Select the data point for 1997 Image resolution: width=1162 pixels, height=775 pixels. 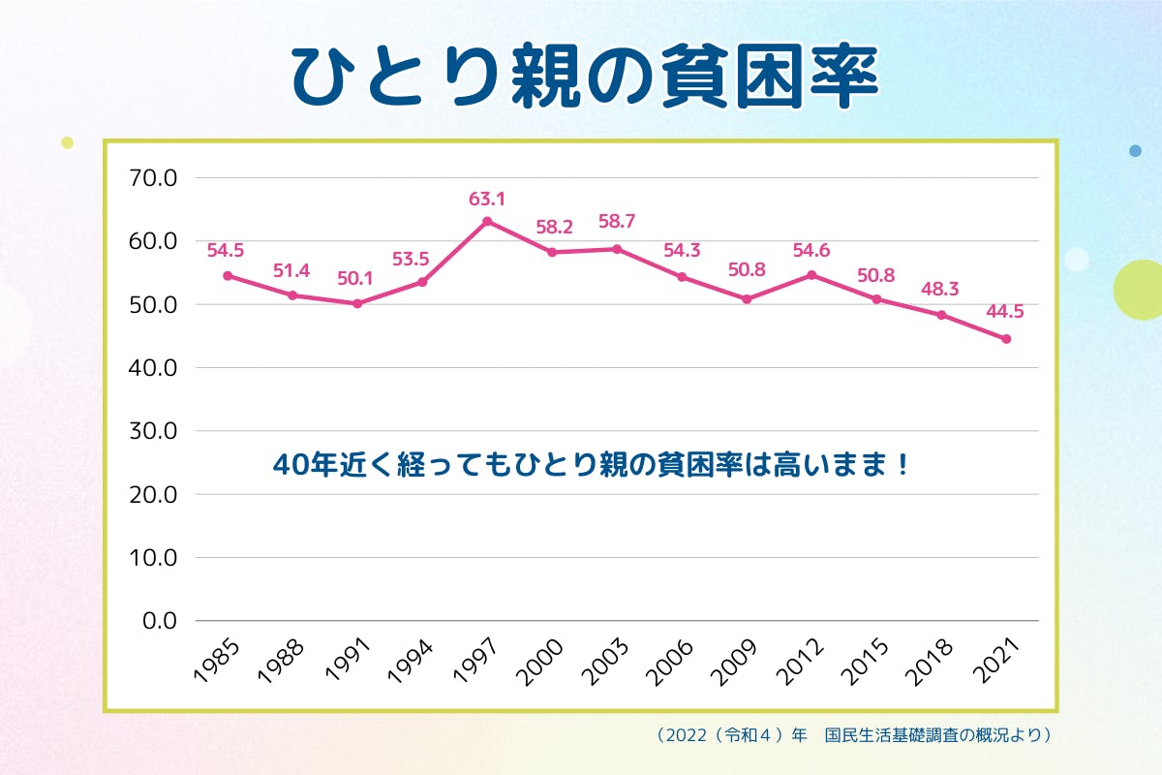click(x=487, y=221)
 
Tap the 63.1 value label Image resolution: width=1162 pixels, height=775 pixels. click(x=487, y=200)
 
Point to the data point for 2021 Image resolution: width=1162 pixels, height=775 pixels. click(x=1006, y=339)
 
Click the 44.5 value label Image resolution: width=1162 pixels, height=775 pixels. click(x=1004, y=312)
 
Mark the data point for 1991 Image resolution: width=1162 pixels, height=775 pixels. click(x=357, y=303)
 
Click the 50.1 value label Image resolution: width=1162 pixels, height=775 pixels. click(x=355, y=279)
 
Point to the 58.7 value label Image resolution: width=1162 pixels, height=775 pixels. click(x=617, y=222)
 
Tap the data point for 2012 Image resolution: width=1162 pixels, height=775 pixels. click(x=811, y=275)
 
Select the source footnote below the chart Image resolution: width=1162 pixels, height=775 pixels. click(x=853, y=735)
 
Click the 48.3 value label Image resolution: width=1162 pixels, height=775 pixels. click(x=940, y=289)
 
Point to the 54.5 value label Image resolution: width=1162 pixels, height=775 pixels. click(x=227, y=250)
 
